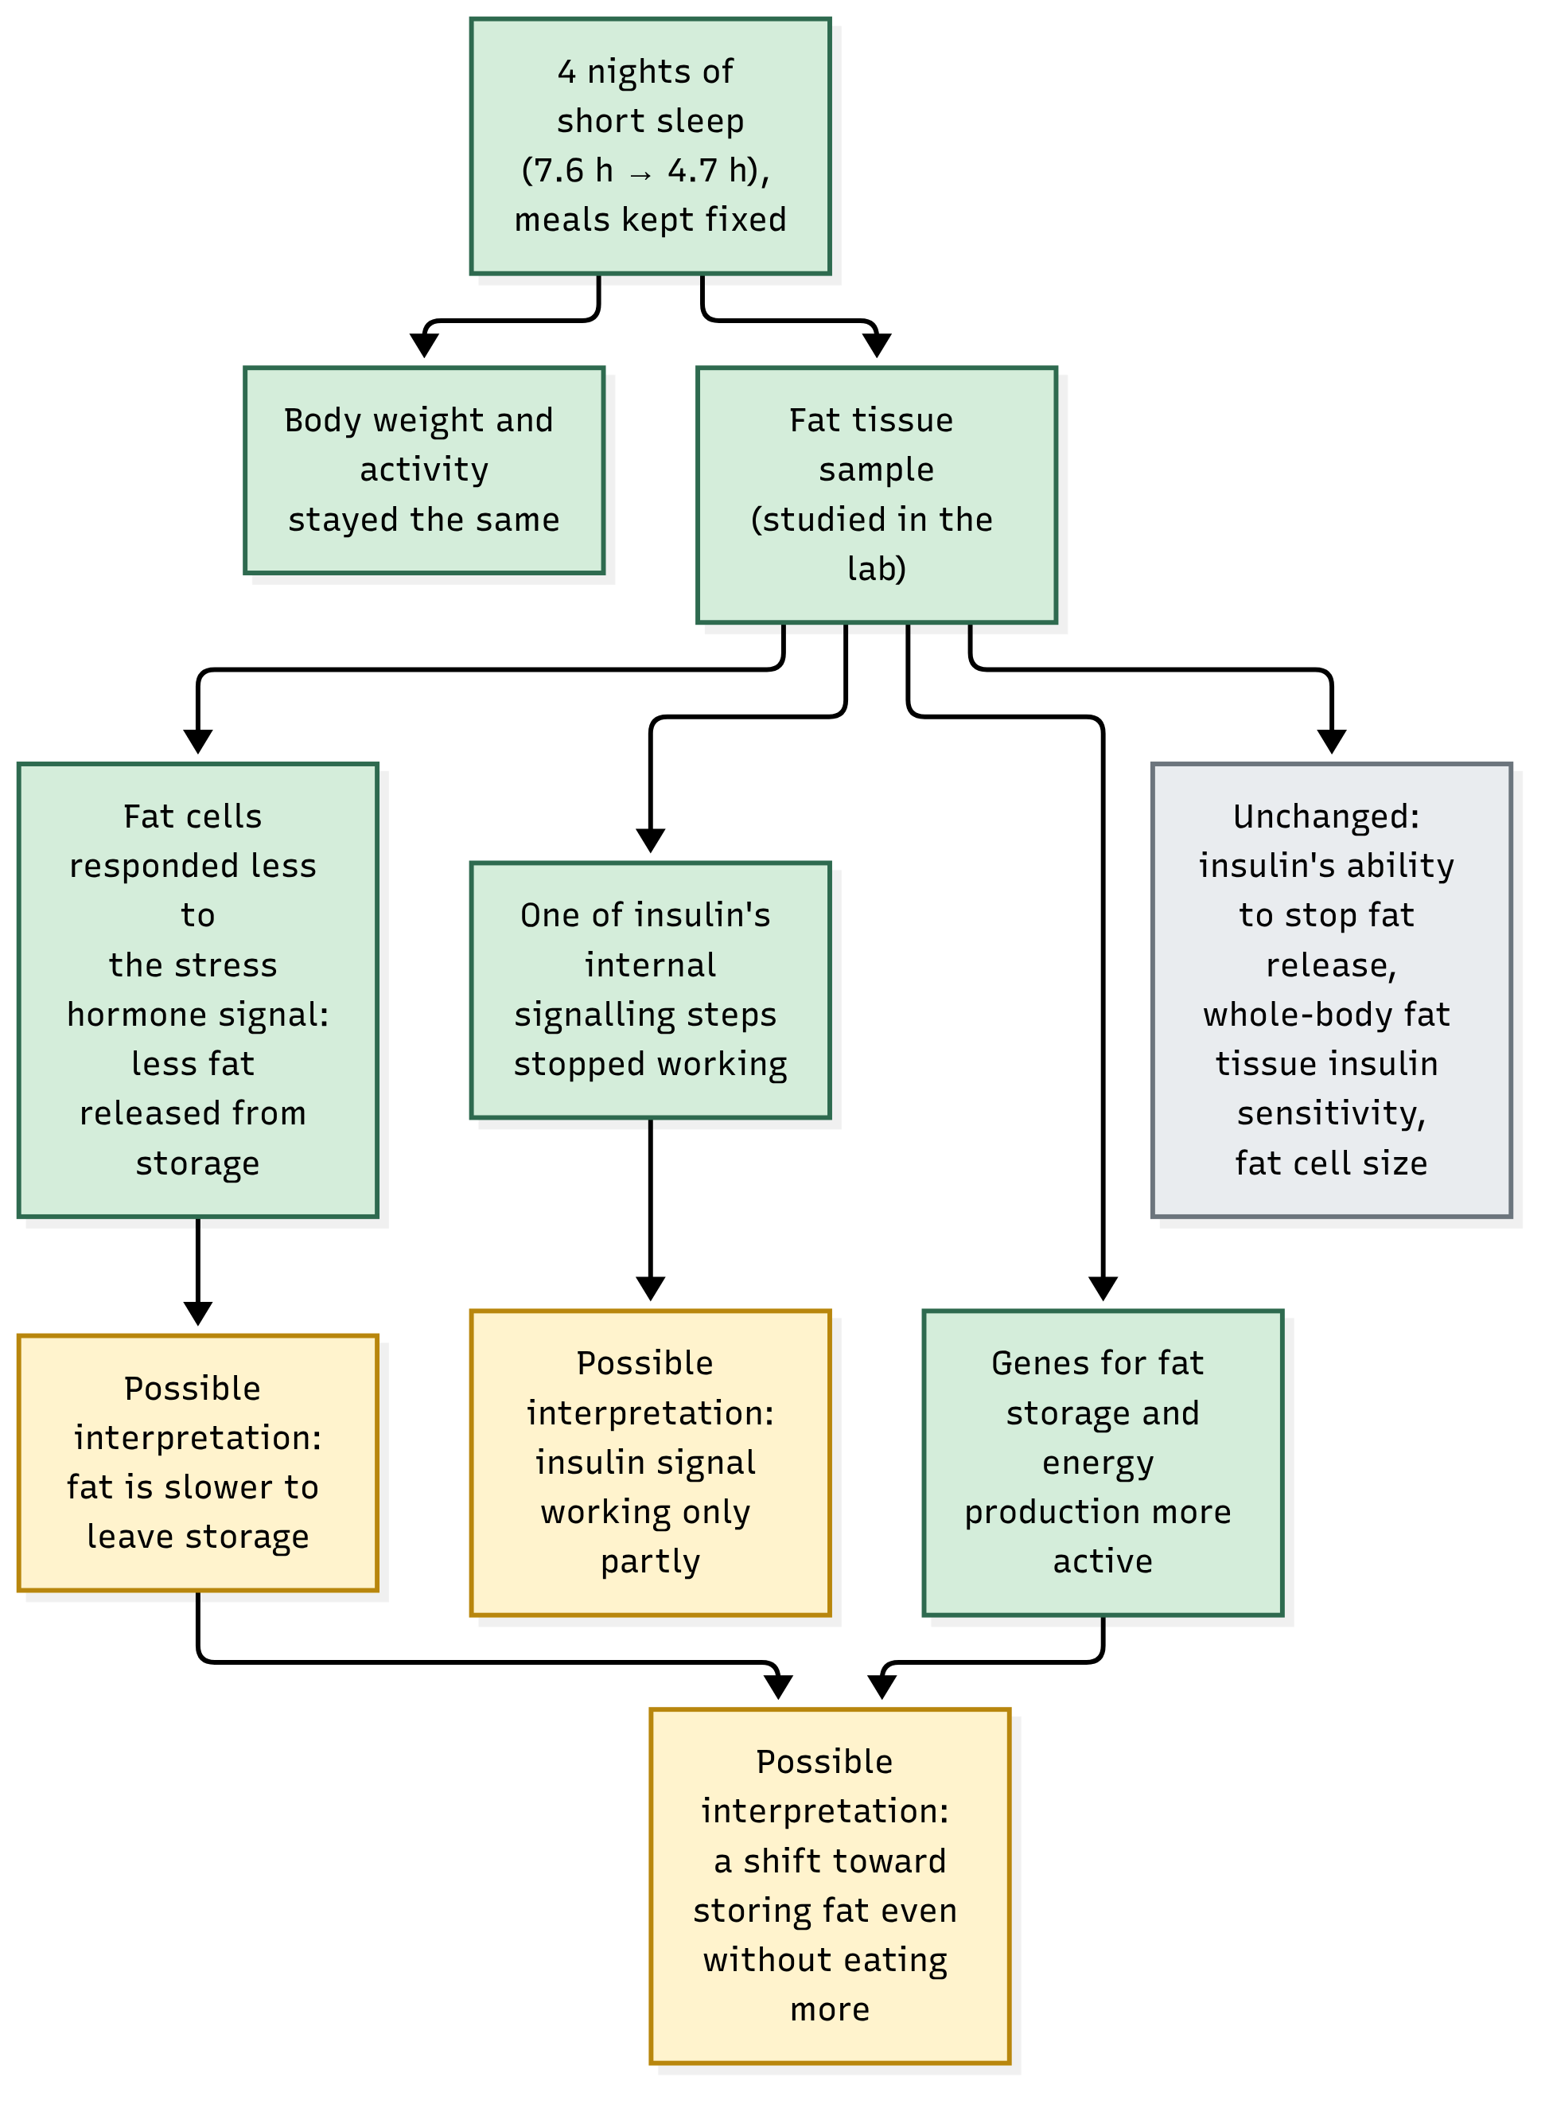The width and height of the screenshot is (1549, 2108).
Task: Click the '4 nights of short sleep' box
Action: [x=650, y=146]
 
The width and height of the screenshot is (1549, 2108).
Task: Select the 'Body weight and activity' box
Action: [x=424, y=470]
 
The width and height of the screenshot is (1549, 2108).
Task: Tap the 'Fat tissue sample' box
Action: [x=877, y=494]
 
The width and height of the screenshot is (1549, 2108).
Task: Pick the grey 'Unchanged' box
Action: [x=1332, y=990]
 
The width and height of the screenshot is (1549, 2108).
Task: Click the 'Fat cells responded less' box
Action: [x=198, y=990]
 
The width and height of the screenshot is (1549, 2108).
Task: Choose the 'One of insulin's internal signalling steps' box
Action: [x=650, y=990]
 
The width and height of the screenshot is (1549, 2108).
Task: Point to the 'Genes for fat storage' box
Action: [x=1103, y=1462]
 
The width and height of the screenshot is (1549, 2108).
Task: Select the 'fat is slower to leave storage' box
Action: [x=198, y=1462]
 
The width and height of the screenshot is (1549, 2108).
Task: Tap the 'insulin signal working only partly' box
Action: [x=650, y=1462]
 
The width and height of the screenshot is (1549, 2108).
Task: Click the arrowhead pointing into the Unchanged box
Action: [x=1332, y=742]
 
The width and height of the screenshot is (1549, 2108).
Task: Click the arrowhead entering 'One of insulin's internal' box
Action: [x=650, y=841]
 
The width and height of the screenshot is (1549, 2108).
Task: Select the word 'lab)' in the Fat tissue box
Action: [x=877, y=568]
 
